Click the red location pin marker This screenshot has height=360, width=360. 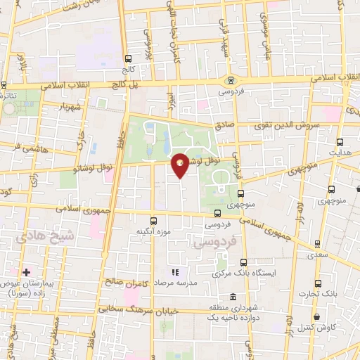tap(181, 163)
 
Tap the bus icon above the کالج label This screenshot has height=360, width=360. tap(128, 60)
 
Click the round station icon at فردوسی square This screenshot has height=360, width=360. tap(230, 80)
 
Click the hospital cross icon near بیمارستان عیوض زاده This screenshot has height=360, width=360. tap(26, 271)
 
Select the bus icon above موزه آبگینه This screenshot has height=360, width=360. tap(154, 219)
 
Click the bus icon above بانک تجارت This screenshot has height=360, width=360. tap(318, 283)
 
